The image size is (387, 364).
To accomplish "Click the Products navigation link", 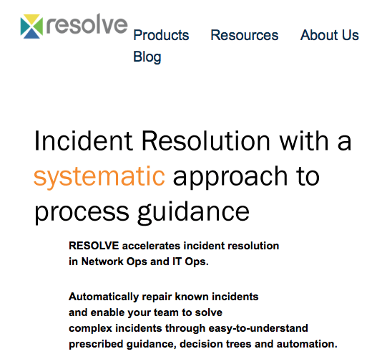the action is click(x=161, y=35).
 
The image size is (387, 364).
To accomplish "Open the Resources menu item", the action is click(x=245, y=35).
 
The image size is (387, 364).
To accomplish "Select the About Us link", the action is click(x=330, y=35).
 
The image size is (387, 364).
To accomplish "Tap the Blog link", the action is click(x=147, y=57).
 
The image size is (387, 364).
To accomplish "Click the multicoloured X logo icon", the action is click(x=31, y=27).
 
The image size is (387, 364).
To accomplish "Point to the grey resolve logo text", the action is click(x=87, y=24).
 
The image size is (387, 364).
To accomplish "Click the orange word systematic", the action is click(x=99, y=176).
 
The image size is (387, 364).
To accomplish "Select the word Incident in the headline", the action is click(x=84, y=140).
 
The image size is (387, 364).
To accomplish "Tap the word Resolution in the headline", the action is click(x=206, y=140).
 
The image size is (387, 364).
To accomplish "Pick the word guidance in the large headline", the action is click(x=193, y=212).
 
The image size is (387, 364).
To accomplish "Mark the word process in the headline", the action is click(x=82, y=213).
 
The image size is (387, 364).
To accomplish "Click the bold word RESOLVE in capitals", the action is click(x=94, y=246).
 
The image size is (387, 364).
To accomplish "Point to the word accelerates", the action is click(x=152, y=246).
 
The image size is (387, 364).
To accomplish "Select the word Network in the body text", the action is click(x=102, y=262).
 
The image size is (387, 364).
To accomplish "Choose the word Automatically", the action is click(x=104, y=297).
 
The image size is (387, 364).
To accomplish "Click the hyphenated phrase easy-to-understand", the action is click(x=258, y=329).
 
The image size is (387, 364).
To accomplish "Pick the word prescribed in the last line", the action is click(x=96, y=345).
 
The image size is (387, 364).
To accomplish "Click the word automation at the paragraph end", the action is click(x=307, y=344).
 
